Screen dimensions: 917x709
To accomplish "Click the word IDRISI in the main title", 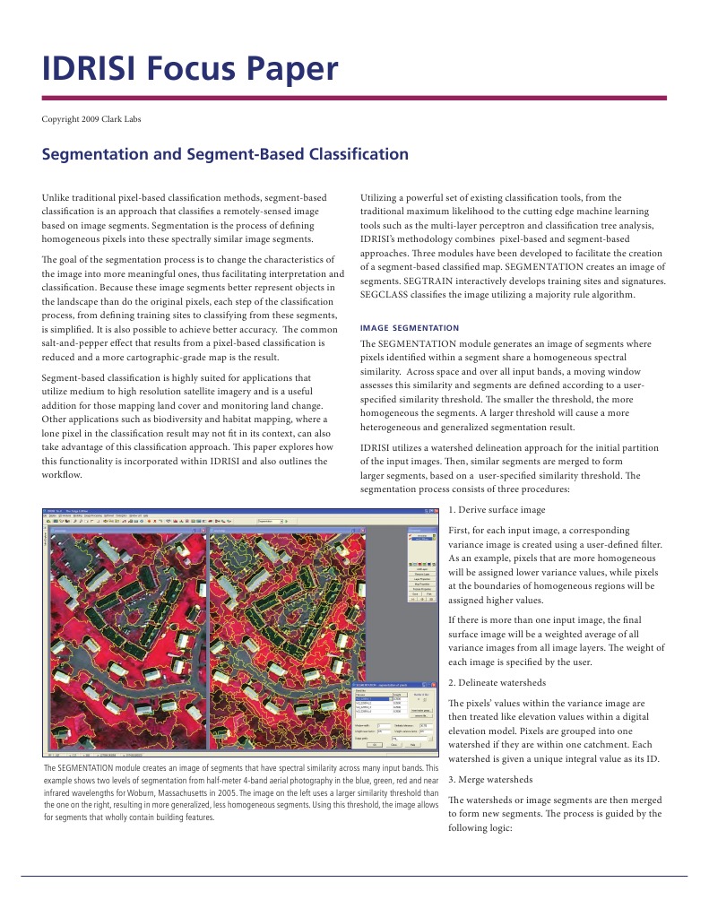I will (x=98, y=69).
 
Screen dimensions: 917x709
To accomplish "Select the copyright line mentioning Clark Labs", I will (x=91, y=118).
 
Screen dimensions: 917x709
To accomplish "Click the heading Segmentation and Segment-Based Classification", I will (x=225, y=154).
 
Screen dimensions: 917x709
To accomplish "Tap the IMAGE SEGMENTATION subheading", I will (x=409, y=328).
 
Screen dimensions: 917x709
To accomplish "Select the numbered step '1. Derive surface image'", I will (x=496, y=509).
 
